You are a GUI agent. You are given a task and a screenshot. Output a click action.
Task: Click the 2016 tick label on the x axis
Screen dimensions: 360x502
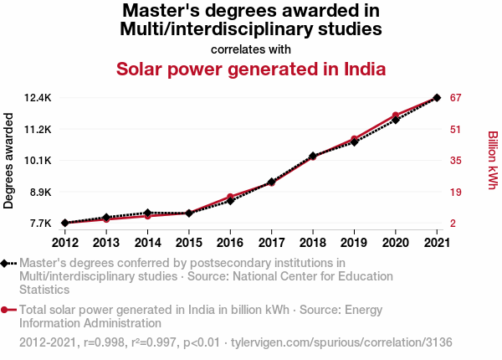tap(230, 243)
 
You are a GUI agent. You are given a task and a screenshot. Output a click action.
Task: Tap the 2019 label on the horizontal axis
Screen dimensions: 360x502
tap(354, 243)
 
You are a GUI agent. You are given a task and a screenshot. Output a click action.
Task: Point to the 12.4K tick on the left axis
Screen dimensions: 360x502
tap(38, 98)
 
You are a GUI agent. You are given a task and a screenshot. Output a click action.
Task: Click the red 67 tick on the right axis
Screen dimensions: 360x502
tap(456, 98)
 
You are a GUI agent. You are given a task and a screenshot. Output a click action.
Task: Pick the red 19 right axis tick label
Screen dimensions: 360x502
tap(456, 192)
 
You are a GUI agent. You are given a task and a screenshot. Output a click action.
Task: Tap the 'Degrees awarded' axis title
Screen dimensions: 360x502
tap(9, 161)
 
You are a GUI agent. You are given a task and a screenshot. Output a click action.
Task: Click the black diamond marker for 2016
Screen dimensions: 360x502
tap(230, 201)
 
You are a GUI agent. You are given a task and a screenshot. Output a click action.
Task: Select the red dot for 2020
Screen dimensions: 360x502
tap(395, 116)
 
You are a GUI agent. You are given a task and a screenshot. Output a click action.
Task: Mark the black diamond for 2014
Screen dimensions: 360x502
tap(147, 213)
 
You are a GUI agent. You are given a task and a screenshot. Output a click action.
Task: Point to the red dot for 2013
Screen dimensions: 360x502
tap(106, 219)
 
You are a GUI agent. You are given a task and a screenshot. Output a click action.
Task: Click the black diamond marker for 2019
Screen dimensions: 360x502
tap(354, 141)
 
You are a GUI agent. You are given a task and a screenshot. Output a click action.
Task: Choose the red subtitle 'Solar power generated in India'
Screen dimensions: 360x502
tap(251, 69)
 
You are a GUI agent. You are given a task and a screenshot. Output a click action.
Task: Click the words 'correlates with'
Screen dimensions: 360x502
tap(251, 49)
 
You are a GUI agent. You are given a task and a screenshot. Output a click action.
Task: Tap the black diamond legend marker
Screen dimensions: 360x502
tap(6, 264)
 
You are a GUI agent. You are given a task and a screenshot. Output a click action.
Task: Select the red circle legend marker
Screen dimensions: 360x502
tap(6, 310)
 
